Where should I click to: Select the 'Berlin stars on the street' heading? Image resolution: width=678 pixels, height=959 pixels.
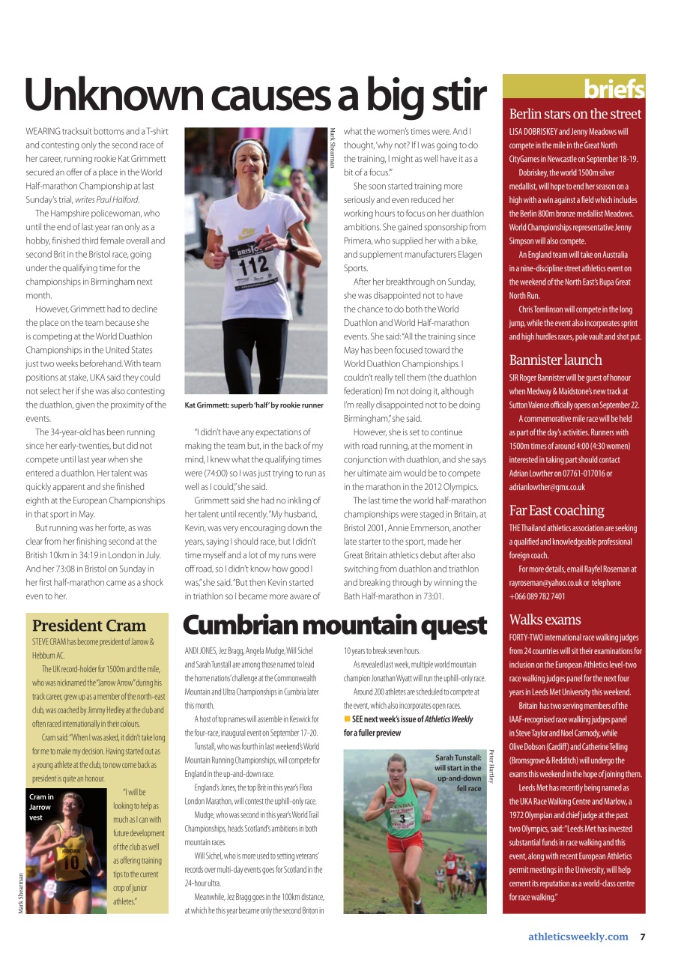(x=575, y=114)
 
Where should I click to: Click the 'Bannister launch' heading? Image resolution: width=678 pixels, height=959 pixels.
(x=555, y=360)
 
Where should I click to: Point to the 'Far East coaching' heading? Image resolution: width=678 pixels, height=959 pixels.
(x=556, y=510)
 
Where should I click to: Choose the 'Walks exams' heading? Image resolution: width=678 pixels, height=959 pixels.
(x=545, y=620)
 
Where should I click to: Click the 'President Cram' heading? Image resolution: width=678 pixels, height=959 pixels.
(x=89, y=626)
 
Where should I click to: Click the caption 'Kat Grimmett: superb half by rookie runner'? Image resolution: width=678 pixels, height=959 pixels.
(x=254, y=405)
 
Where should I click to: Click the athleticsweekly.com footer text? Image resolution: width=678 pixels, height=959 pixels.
(x=578, y=937)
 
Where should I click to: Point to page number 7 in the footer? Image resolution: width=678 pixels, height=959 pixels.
(x=643, y=937)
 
